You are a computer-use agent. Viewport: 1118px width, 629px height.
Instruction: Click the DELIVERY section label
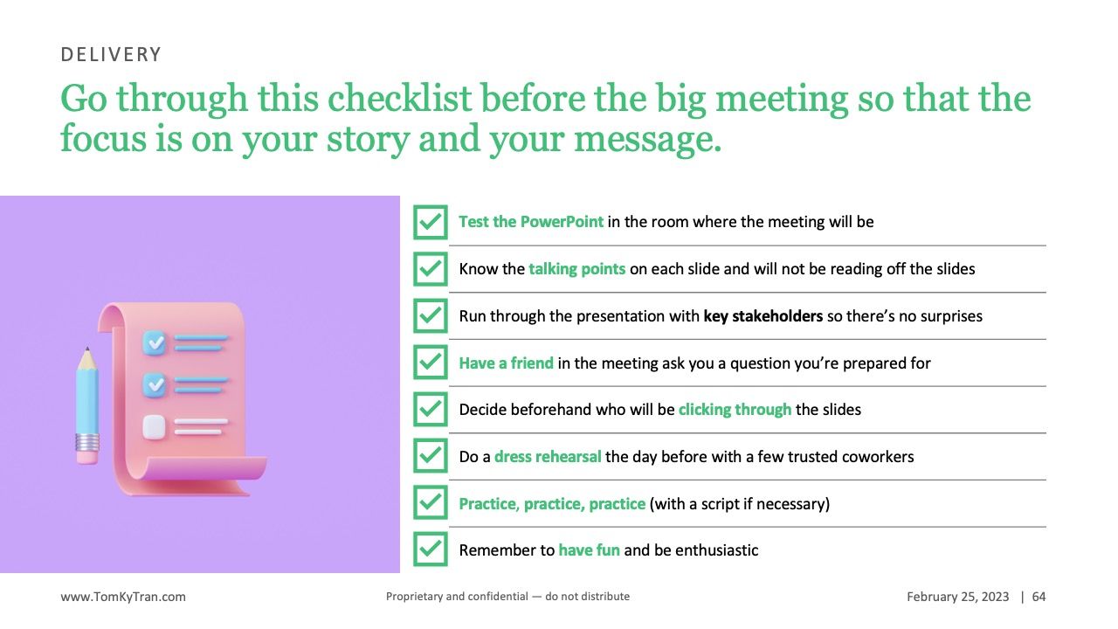tap(111, 54)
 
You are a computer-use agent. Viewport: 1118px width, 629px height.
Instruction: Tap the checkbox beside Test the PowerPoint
tap(431, 222)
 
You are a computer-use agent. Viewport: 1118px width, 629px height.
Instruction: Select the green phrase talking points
tap(577, 269)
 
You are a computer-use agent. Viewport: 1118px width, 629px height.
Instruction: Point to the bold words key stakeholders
tap(763, 316)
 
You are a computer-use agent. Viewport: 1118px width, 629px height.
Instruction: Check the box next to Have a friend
tap(431, 363)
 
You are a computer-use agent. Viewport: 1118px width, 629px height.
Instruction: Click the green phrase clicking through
tap(735, 410)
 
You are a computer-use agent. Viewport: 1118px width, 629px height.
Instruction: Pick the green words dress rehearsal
tap(548, 457)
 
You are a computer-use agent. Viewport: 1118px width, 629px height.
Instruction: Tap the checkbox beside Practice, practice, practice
tap(431, 502)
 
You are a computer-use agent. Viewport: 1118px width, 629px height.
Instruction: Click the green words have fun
tap(589, 550)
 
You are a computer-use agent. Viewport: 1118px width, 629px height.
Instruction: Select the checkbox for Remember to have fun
tap(431, 550)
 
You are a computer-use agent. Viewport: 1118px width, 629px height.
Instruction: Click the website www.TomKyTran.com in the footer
tap(123, 597)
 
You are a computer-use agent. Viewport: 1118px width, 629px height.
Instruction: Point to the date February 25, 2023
tap(958, 597)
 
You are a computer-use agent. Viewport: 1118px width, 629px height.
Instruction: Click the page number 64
tap(1039, 597)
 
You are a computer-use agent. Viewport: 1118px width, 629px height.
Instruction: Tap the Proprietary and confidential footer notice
tap(507, 596)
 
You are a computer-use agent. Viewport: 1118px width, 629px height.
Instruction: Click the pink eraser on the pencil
tap(87, 456)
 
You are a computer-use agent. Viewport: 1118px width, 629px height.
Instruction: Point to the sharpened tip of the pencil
tap(87, 349)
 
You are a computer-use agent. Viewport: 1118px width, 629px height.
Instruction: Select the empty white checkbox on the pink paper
tap(154, 427)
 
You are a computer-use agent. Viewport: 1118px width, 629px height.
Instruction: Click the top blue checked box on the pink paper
tap(155, 342)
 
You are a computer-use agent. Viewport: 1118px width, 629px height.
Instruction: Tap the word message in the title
tap(648, 140)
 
